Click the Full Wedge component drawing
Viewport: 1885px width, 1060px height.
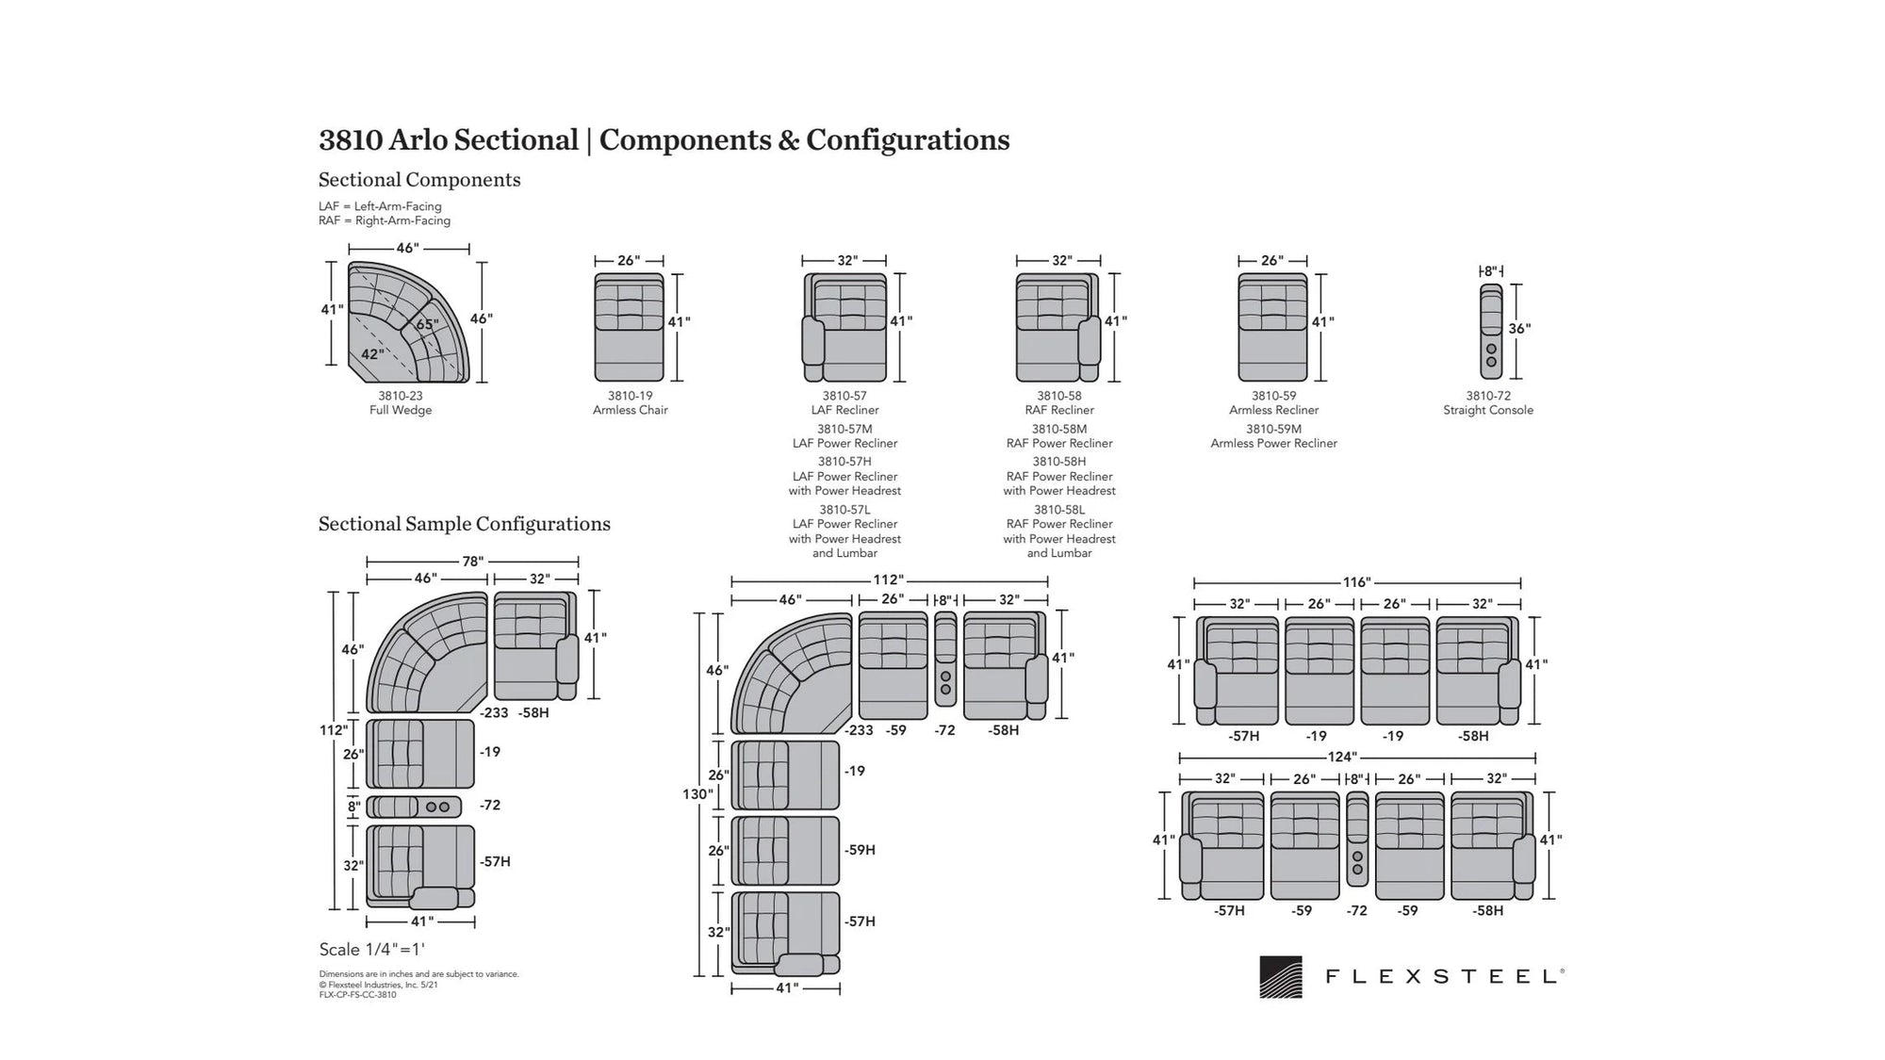point(408,322)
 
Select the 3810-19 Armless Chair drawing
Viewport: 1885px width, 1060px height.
point(629,327)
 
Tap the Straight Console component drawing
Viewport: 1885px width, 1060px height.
point(1491,332)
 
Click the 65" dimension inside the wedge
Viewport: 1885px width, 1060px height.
point(427,325)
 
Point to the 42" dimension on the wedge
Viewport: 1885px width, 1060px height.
point(372,354)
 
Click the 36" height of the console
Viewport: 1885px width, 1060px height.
point(1519,329)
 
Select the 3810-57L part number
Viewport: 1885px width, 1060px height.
point(844,510)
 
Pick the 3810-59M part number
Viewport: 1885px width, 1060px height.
point(1273,429)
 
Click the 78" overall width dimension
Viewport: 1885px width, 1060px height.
point(472,562)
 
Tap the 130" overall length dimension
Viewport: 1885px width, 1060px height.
point(697,794)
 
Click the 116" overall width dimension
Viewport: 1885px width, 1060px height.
point(1356,582)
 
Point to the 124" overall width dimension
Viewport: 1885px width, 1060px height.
point(1342,758)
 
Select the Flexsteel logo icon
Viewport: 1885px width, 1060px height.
point(1281,977)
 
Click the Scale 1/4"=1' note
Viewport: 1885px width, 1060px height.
point(372,950)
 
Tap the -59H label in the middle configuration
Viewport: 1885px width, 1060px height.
point(860,850)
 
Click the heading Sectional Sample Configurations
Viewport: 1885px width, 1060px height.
point(465,524)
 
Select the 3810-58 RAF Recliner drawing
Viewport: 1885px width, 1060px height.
point(1058,327)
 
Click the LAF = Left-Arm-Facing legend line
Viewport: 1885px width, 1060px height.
point(380,206)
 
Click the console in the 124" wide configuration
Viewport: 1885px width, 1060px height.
point(1357,840)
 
